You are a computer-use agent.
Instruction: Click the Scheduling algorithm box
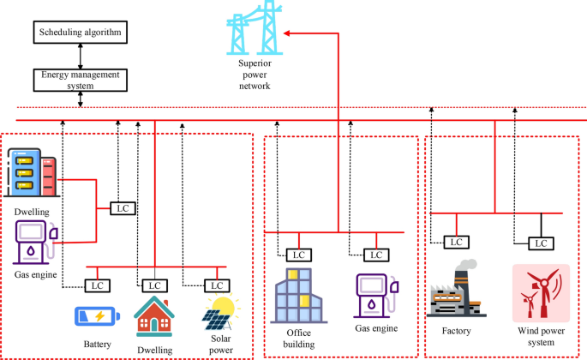[x=81, y=33]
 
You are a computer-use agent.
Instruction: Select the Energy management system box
[x=81, y=80]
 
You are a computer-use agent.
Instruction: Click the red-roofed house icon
[x=154, y=315]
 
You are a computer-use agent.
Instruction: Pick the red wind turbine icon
[x=536, y=292]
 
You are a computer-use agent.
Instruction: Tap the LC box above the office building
[x=298, y=255]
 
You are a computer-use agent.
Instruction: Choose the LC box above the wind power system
[x=539, y=243]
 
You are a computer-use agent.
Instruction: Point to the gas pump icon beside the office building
[x=374, y=296]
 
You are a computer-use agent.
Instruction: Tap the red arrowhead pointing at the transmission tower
[x=288, y=33]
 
